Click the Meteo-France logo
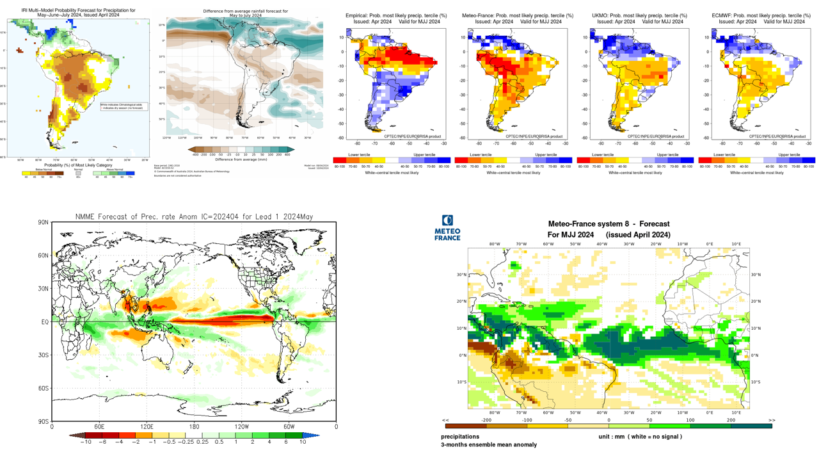(447, 227)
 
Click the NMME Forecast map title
(193, 216)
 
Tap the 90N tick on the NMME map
(44, 222)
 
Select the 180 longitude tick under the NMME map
(194, 426)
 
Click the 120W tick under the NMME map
(242, 426)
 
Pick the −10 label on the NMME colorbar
(84, 442)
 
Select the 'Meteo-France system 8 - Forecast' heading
(608, 224)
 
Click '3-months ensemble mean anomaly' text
(489, 444)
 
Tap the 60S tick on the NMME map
(44, 388)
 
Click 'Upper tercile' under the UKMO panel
(667, 154)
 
